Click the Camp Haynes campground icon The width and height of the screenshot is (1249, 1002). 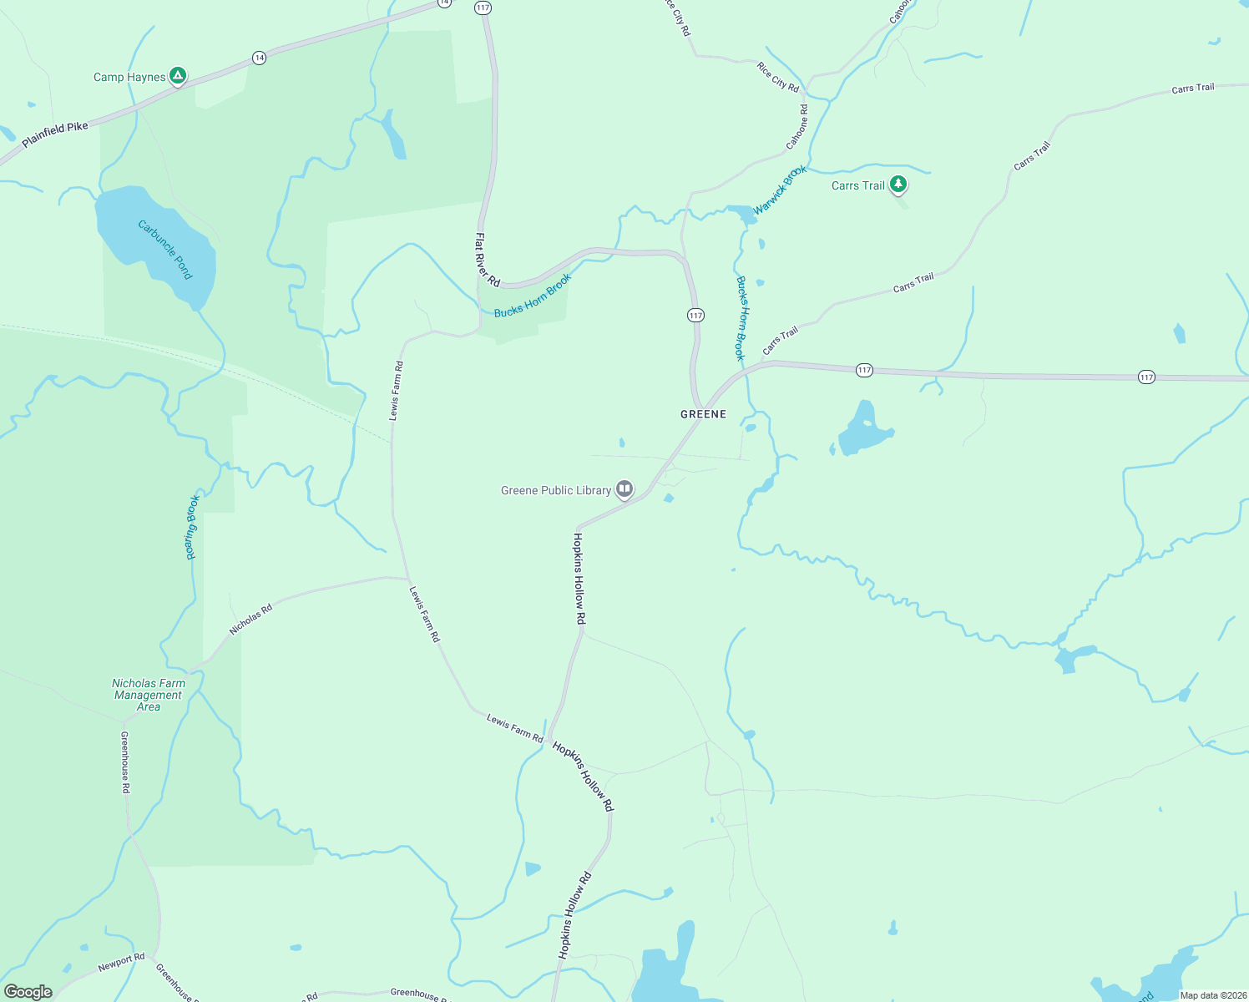tap(177, 76)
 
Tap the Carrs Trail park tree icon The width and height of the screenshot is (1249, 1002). tap(898, 184)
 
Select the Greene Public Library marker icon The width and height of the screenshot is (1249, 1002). tap(624, 489)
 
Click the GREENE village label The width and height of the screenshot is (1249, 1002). tap(703, 414)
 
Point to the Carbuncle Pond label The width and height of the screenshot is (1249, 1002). tap(165, 250)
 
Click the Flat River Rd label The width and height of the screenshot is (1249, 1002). tap(487, 260)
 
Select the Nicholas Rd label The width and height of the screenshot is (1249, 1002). tap(250, 620)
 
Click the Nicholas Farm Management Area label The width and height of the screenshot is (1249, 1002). tap(149, 695)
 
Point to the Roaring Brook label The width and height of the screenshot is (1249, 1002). tap(192, 527)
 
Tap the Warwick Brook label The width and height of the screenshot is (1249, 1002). tap(780, 190)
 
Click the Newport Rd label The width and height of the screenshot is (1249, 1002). tap(121, 962)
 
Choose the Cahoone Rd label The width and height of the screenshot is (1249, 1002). tap(797, 127)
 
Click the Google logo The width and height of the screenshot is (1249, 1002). tap(28, 992)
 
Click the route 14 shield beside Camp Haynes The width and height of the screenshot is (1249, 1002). tap(260, 58)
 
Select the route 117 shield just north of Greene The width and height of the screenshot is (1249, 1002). tap(695, 315)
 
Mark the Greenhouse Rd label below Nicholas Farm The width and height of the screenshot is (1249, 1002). tap(125, 762)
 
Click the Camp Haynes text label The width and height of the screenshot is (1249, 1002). tap(129, 77)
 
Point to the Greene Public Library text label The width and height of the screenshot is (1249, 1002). tap(556, 490)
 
